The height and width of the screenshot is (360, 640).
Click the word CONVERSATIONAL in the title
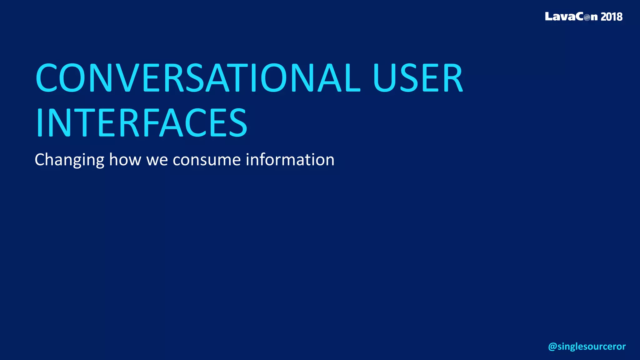pyautogui.click(x=198, y=78)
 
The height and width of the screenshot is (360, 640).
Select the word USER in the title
pyautogui.click(x=417, y=78)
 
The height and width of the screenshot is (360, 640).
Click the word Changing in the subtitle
pyautogui.click(x=69, y=160)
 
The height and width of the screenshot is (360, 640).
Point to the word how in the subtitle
pyautogui.click(x=125, y=160)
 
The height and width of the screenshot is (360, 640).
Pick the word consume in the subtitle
pyautogui.click(x=207, y=160)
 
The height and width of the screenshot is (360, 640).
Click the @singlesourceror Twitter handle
pyautogui.click(x=587, y=346)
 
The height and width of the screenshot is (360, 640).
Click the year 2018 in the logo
pyautogui.click(x=612, y=17)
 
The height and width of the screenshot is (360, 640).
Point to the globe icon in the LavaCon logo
pyautogui.click(x=587, y=17)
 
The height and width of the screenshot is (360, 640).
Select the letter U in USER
pyautogui.click(x=384, y=78)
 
